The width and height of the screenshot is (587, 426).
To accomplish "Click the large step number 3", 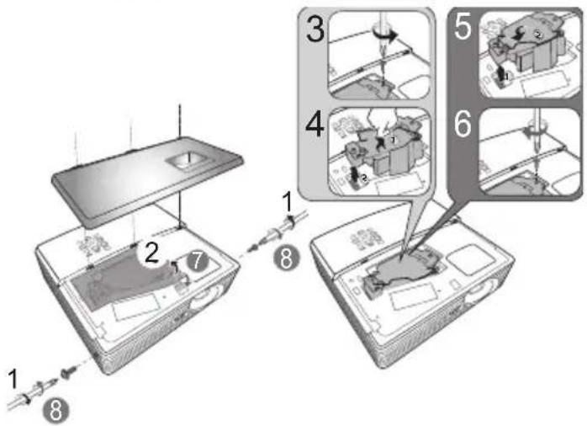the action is point(315,29).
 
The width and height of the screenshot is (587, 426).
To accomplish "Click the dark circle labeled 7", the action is point(198,260).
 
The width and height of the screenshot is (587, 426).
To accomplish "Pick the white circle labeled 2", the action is point(151,253).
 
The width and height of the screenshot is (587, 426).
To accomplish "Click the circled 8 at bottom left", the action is point(56,410).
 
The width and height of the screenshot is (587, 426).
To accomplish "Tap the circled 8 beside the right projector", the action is point(287,258).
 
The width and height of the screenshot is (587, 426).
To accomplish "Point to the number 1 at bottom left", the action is point(13,379).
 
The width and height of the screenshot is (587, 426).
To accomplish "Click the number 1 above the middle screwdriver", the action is point(287,202).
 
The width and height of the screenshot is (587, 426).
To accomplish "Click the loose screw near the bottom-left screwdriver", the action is point(69,371).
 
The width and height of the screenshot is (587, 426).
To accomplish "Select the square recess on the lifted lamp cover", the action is point(186,160).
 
